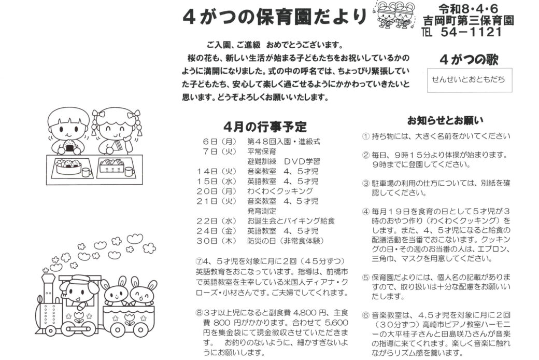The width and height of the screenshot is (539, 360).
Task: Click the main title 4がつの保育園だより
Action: coord(275,17)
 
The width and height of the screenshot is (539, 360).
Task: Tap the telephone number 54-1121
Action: coord(471,32)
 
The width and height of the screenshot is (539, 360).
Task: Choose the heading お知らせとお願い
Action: coord(445,121)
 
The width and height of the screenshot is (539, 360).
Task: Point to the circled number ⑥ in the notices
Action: coord(365,314)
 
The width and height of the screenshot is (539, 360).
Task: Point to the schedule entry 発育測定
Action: coord(262,211)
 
